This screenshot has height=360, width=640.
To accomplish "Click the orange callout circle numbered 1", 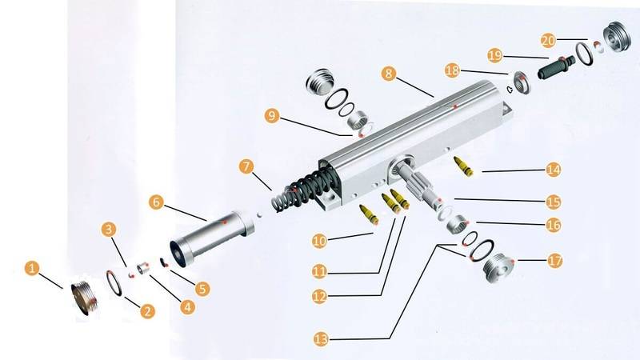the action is tap(32, 269).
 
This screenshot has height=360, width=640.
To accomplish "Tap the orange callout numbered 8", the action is tap(389, 74).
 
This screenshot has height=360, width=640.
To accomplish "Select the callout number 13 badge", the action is tap(322, 339).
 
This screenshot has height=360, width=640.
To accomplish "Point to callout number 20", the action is tap(549, 41).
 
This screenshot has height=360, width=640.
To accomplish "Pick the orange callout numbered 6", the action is tap(156, 202).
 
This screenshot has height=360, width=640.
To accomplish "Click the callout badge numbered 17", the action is tap(554, 261).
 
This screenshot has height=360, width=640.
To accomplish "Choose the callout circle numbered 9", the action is tap(272, 116).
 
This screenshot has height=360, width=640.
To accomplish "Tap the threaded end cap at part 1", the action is tap(85, 298).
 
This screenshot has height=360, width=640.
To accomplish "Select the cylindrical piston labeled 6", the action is tap(212, 237).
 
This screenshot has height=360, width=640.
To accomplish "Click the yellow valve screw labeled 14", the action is tap(464, 166).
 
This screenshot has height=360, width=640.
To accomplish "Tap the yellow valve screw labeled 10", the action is tap(369, 214).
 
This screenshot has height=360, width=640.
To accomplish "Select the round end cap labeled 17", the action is tap(498, 268).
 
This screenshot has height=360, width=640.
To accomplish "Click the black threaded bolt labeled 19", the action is tap(556, 67).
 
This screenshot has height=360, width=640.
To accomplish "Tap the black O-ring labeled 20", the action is tap(585, 54).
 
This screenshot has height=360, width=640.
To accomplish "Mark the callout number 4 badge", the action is tap(188, 306).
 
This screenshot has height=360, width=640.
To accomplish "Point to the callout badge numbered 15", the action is tap(554, 202).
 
